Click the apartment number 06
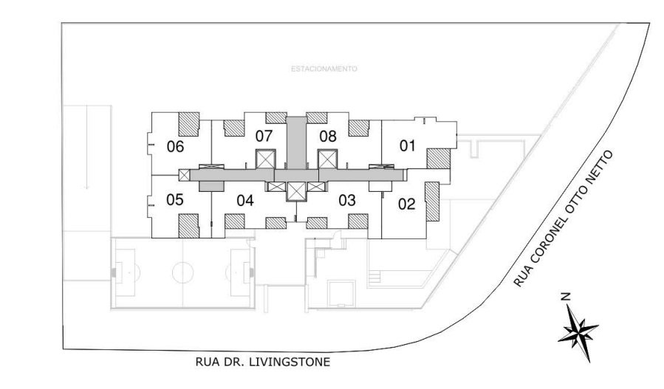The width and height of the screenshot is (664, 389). click(175, 146)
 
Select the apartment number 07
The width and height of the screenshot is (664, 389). click(264, 136)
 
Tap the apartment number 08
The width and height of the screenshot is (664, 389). click(328, 136)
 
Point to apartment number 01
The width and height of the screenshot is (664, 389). click(408, 146)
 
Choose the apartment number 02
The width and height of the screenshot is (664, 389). click(408, 204)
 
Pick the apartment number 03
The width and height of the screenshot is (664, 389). click(347, 200)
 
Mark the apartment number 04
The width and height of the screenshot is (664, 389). click(246, 200)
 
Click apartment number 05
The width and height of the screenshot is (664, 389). click(175, 200)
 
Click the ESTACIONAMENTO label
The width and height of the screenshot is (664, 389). click(324, 69)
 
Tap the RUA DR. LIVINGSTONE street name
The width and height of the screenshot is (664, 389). click(262, 362)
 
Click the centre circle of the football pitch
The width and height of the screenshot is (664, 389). click(182, 272)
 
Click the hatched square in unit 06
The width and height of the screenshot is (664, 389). click(189, 123)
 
